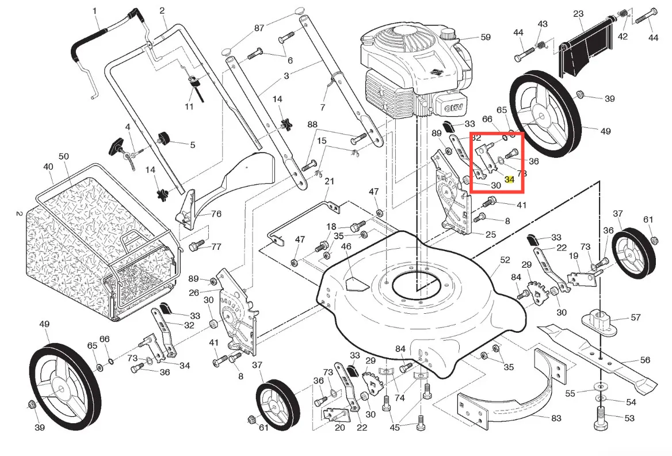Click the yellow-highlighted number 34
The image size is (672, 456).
click(x=509, y=180)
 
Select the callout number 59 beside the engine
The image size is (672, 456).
click(x=486, y=37)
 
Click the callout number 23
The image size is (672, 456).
click(x=578, y=14)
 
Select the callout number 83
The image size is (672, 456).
click(x=556, y=419)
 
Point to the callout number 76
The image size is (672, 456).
click(x=216, y=214)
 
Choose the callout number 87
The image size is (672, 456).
click(x=259, y=28)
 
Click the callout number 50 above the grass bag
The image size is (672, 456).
click(x=63, y=157)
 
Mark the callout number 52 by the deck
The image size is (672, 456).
click(x=505, y=260)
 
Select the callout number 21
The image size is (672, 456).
click(x=329, y=181)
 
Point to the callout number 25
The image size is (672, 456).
click(x=491, y=234)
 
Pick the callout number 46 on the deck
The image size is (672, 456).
click(x=346, y=246)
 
